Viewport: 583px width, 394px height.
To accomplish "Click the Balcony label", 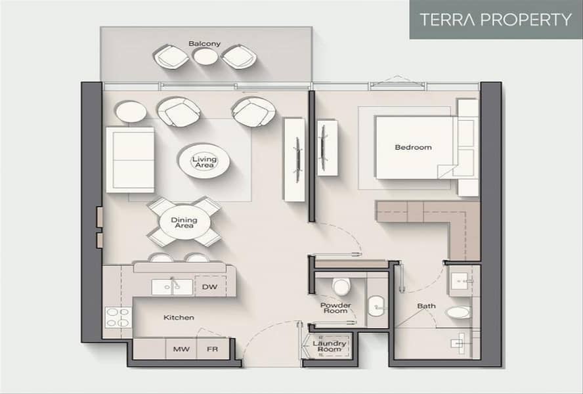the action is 204,43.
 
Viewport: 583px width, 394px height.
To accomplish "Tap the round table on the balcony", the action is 205,57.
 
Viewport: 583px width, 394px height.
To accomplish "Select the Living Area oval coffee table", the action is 204,161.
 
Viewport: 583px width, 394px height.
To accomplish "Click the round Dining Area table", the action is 184,222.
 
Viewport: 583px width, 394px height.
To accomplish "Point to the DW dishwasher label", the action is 209,287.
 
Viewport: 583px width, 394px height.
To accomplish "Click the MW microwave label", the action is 181,349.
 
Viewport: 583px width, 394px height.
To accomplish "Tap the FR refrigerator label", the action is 212,349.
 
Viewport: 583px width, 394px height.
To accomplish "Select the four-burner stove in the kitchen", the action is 118,317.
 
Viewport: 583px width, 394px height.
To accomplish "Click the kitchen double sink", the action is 172,287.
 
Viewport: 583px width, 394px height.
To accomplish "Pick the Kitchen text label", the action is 179,317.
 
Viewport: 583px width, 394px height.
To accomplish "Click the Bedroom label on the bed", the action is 413,147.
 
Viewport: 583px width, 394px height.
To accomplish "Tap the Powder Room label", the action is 335,308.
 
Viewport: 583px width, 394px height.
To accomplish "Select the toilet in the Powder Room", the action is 341,286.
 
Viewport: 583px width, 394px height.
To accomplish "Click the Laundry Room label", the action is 330,346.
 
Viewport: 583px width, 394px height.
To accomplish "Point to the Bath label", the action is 426,306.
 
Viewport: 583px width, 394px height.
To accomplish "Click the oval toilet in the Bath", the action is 458,312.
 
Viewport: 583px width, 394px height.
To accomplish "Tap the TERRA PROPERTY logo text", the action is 496,19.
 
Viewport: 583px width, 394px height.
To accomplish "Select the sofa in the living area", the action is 130,160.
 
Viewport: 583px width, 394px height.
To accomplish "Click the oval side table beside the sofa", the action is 131,112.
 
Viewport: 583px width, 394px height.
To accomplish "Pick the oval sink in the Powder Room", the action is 376,306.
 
